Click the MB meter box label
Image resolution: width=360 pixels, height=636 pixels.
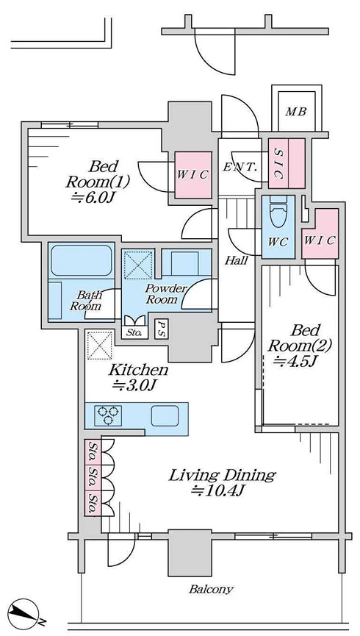(x=296, y=112)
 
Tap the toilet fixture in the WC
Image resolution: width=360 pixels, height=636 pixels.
(x=278, y=212)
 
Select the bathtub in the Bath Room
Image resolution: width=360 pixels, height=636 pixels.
(x=82, y=260)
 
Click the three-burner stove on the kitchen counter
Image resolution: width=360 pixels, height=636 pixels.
(x=108, y=415)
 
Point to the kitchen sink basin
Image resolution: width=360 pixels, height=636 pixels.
(x=165, y=415)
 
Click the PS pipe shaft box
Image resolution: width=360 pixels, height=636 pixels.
(x=162, y=329)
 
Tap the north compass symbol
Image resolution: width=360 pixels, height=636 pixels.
(x=25, y=614)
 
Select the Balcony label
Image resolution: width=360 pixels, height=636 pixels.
(x=211, y=590)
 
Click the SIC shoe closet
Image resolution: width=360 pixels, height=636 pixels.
(x=287, y=163)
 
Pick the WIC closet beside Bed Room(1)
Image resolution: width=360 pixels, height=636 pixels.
(x=193, y=175)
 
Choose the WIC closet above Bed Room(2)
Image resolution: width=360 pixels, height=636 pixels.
(x=320, y=234)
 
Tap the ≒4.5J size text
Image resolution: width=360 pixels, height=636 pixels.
(x=295, y=360)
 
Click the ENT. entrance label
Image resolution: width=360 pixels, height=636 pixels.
(x=240, y=167)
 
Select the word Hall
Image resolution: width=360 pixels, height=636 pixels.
(x=237, y=260)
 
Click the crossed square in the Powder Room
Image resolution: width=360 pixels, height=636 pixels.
(x=138, y=264)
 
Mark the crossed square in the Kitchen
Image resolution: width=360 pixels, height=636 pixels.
(x=100, y=345)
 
